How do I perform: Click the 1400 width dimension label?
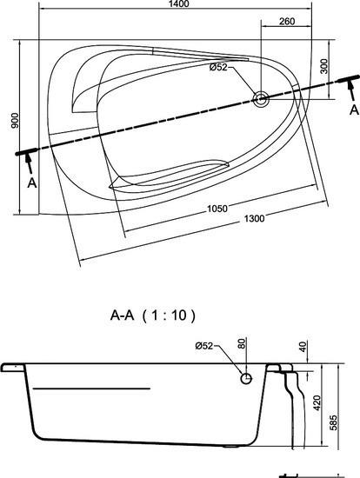(178, 3)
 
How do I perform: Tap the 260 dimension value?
(287, 22)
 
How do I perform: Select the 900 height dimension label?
(15, 121)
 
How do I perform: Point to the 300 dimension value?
(324, 66)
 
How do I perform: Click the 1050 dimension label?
(217, 209)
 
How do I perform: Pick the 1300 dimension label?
(254, 218)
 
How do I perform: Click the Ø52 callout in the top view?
(218, 67)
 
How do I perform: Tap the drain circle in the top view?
(261, 99)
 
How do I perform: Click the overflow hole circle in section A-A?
(246, 379)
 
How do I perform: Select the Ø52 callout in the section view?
(204, 346)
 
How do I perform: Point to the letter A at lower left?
(32, 183)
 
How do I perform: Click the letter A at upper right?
(354, 110)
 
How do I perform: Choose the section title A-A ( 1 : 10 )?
(152, 315)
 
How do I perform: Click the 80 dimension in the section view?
(242, 343)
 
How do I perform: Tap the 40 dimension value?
(303, 347)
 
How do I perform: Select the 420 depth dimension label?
(317, 402)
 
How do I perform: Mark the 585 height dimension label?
(334, 422)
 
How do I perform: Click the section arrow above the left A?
(29, 164)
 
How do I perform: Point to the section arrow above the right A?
(351, 90)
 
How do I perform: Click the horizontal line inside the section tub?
(91, 388)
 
